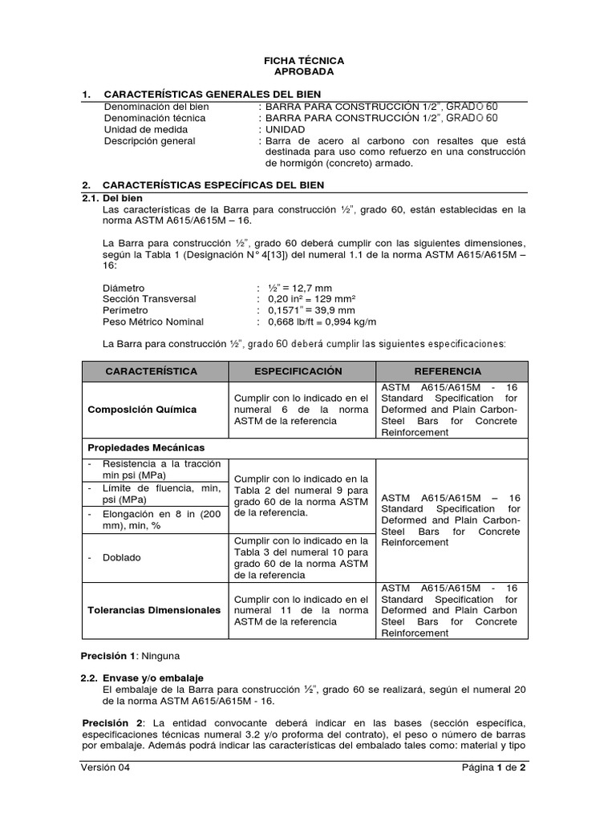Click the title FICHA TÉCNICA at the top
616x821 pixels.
304,60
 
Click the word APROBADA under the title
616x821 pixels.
304,71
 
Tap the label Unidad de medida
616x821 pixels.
146,129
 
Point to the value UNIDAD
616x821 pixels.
285,129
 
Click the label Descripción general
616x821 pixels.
149,140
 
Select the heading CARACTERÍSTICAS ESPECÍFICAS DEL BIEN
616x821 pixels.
213,184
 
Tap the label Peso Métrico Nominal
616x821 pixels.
153,322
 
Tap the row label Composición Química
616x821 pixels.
142,410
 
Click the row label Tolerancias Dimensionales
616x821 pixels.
154,610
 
